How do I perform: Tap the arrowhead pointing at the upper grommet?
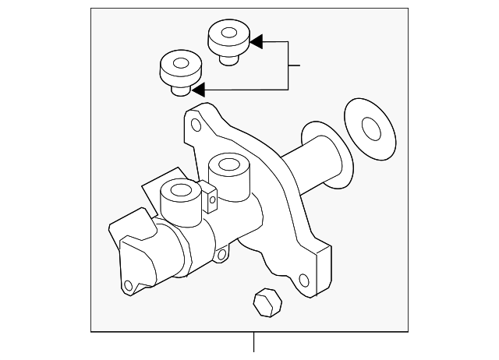tap(256, 41)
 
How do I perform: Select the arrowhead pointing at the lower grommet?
tap(199, 88)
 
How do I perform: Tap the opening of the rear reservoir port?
tap(228, 164)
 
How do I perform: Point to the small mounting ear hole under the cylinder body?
tap(222, 254)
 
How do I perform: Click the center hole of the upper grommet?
tap(227, 34)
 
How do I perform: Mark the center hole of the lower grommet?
tap(179, 64)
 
